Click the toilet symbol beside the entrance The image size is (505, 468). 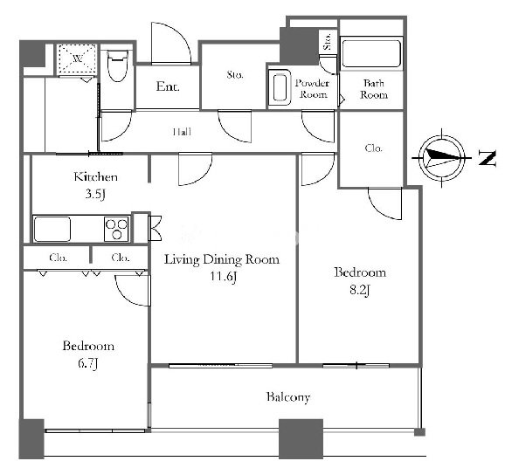(x=118, y=66)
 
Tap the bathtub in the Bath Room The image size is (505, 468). (x=371, y=53)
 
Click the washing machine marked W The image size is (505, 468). (x=77, y=58)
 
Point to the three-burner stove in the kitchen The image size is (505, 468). (x=116, y=229)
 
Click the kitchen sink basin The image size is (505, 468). (x=52, y=229)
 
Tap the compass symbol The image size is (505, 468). (x=441, y=158)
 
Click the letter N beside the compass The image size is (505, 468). (x=488, y=158)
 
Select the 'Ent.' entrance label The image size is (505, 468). (x=168, y=86)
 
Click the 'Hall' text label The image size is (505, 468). (x=183, y=132)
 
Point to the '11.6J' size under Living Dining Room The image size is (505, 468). (x=224, y=277)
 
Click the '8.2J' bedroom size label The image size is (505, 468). (x=360, y=291)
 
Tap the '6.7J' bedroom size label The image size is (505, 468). (x=87, y=364)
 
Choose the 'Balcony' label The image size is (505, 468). (x=288, y=397)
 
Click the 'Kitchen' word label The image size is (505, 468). (x=95, y=176)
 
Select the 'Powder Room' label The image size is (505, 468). (x=313, y=89)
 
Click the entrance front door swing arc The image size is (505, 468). (x=176, y=35)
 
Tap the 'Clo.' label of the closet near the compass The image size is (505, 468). (x=374, y=148)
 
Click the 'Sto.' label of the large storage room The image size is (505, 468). (x=235, y=75)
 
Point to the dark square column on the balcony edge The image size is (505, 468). (x=301, y=438)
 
